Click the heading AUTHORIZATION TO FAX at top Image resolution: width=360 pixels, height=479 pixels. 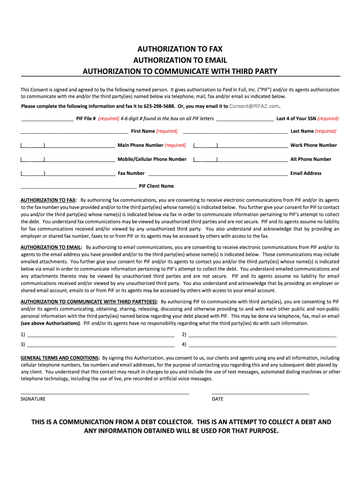180,49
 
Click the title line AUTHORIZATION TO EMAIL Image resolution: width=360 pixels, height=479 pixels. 180,60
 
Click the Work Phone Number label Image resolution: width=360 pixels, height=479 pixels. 313,145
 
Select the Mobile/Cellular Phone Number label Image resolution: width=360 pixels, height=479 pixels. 152,160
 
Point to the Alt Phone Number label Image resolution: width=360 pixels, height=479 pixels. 310,160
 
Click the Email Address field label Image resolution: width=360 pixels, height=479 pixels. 306,174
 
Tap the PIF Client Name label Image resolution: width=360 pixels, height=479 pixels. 156,186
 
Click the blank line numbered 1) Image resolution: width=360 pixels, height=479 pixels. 101,335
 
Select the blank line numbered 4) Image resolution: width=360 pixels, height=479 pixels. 262,345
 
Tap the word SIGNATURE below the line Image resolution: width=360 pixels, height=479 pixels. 33,399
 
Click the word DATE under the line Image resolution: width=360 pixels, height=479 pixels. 217,399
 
